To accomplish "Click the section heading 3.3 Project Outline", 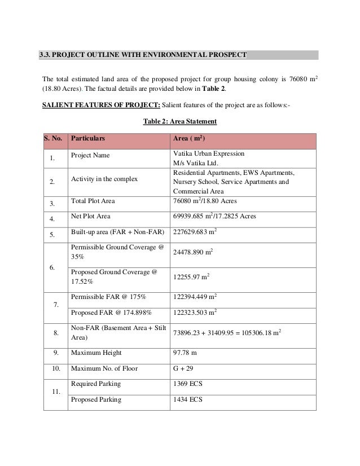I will [x=142, y=55].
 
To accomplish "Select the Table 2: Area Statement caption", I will [x=180, y=121].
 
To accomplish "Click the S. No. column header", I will [x=54, y=139].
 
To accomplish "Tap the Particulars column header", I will [x=87, y=139].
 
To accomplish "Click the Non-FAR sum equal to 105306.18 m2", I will [x=227, y=333].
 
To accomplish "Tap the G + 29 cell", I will [x=185, y=369].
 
